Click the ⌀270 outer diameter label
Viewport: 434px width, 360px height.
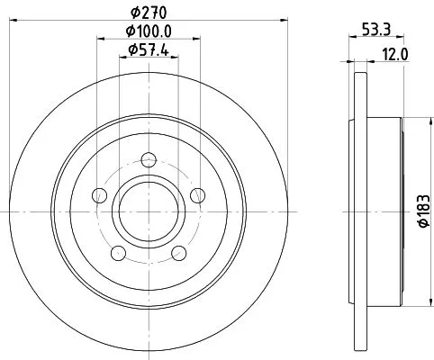(x=148, y=13)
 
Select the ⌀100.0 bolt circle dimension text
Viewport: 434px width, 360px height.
(x=148, y=31)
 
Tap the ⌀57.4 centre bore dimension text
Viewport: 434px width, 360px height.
(x=148, y=51)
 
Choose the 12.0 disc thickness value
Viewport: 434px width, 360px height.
(x=396, y=53)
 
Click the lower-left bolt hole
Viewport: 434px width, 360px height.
(x=116, y=252)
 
